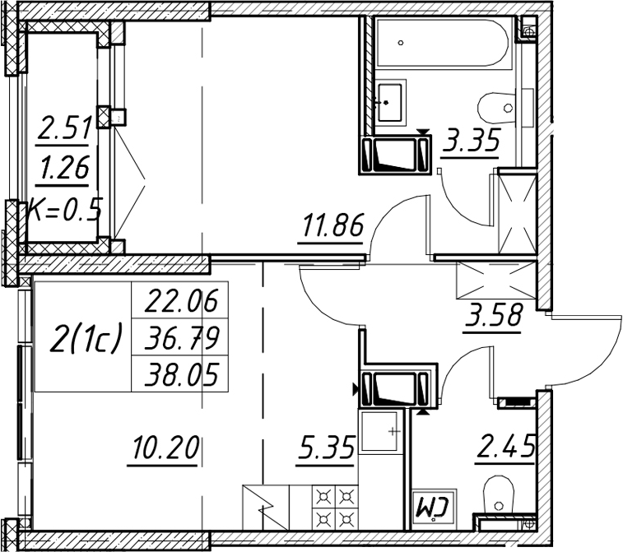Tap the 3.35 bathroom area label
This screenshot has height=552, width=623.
[471, 140]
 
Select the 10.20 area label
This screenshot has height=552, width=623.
[165, 447]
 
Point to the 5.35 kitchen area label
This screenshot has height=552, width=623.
[324, 447]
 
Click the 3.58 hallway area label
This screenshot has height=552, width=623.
[492, 314]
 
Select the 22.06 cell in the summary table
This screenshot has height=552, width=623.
[181, 300]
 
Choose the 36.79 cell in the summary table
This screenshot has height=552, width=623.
[181, 337]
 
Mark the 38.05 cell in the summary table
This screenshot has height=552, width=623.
[181, 374]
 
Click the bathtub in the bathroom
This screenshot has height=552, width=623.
[442, 42]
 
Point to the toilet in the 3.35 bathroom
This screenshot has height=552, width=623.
[497, 108]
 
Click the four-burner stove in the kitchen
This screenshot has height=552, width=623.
[335, 507]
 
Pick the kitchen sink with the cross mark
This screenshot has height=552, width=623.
[380, 432]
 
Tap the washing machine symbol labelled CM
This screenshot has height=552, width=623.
[433, 509]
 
